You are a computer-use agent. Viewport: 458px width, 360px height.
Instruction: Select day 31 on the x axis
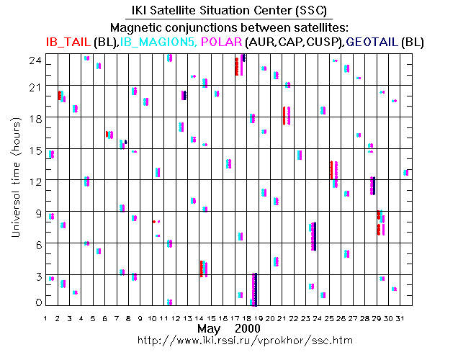(408, 318)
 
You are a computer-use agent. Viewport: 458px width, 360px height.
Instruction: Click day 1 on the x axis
(45, 318)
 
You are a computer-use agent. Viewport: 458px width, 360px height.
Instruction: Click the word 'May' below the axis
(208, 328)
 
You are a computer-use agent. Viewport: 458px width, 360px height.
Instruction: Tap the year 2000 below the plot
(246, 328)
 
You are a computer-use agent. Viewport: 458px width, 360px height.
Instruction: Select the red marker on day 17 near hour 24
(237, 66)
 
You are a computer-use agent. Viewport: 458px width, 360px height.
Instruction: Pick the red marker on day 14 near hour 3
(201, 269)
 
